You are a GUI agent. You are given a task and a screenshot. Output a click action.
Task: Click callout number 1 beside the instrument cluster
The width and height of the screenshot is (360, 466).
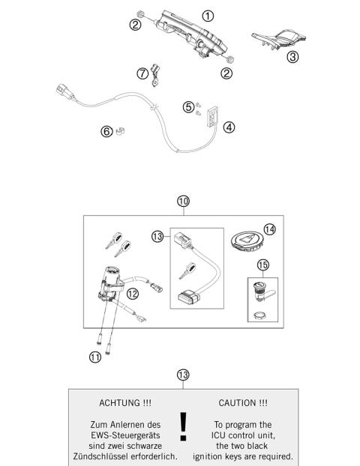[208, 15]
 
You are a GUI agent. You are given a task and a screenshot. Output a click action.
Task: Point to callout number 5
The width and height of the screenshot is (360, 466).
[187, 107]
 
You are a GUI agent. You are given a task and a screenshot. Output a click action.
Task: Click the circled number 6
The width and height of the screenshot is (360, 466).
[107, 132]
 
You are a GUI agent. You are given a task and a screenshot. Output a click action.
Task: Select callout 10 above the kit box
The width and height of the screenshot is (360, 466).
[183, 201]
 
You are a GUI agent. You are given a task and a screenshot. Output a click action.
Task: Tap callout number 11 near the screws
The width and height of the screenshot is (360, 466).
[95, 357]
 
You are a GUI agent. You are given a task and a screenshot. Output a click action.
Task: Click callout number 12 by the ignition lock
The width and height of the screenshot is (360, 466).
[132, 294]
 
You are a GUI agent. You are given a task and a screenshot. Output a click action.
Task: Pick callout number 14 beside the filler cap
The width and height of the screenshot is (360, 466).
[269, 229]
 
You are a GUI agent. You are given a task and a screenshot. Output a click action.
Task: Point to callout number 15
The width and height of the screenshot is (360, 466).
[263, 264]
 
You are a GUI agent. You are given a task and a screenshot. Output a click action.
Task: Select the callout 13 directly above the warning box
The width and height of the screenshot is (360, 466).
[182, 374]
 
